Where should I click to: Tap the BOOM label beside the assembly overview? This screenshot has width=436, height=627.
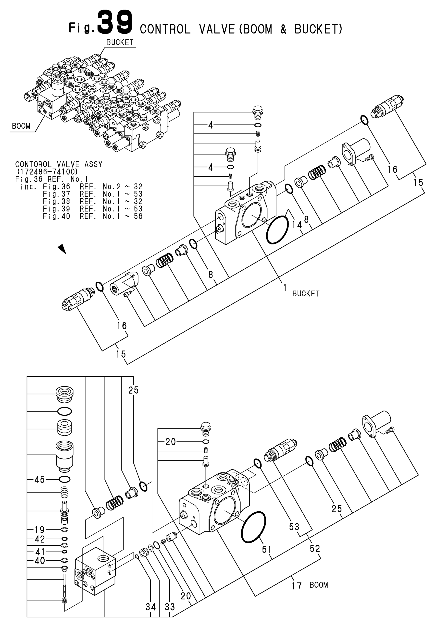pyautogui.click(x=21, y=126)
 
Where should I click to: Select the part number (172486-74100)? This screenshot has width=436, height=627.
pyautogui.click(x=47, y=172)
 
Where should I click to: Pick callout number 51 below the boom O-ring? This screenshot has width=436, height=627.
pyautogui.click(x=267, y=549)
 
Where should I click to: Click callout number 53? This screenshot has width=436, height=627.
pyautogui.click(x=294, y=527)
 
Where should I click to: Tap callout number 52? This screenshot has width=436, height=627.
pyautogui.click(x=315, y=548)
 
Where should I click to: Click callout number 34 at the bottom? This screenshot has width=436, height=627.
pyautogui.click(x=150, y=607)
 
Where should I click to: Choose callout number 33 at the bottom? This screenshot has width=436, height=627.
pyautogui.click(x=170, y=607)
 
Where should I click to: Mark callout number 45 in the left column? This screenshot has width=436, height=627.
pyautogui.click(x=39, y=479)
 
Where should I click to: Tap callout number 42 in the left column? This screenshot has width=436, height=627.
pyautogui.click(x=40, y=539)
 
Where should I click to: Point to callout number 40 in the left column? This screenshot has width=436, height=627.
pyautogui.click(x=40, y=561)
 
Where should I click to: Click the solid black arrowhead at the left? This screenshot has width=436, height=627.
pyautogui.click(x=62, y=249)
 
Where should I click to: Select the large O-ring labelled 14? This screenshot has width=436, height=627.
pyautogui.click(x=277, y=229)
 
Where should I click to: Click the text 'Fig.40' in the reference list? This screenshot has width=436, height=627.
pyautogui.click(x=57, y=217)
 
